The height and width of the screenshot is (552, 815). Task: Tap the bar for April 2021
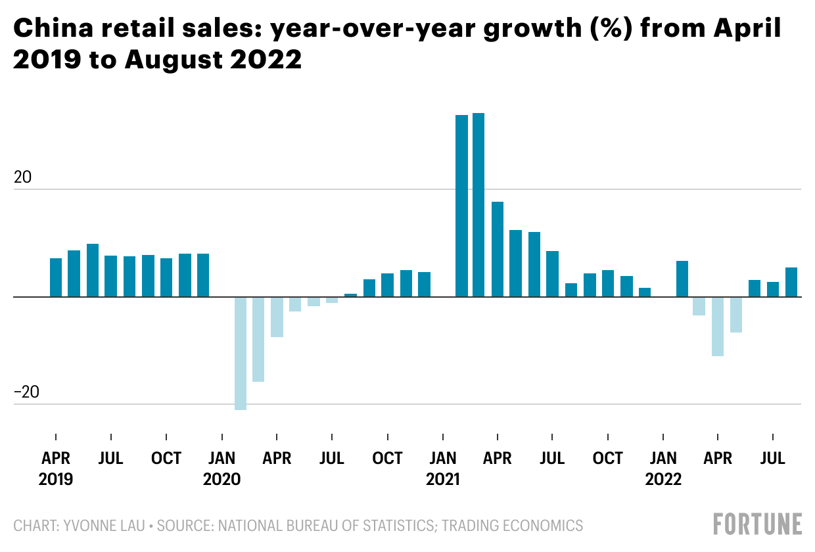pos(498,249)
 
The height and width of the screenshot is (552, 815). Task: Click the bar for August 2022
pos(791,282)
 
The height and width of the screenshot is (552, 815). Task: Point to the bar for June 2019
pos(93,270)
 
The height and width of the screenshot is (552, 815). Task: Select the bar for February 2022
pos(682,279)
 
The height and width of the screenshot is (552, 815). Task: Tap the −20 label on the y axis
pos(26,392)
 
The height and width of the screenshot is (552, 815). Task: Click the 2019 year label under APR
pos(56,479)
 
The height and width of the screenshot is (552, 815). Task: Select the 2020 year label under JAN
pos(222,479)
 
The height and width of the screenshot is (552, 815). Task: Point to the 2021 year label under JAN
pos(443,479)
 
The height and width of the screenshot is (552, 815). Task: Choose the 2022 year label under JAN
pos(664,479)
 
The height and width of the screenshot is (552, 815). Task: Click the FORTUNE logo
pos(758,524)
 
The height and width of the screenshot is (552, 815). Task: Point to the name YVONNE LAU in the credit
pos(97,526)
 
